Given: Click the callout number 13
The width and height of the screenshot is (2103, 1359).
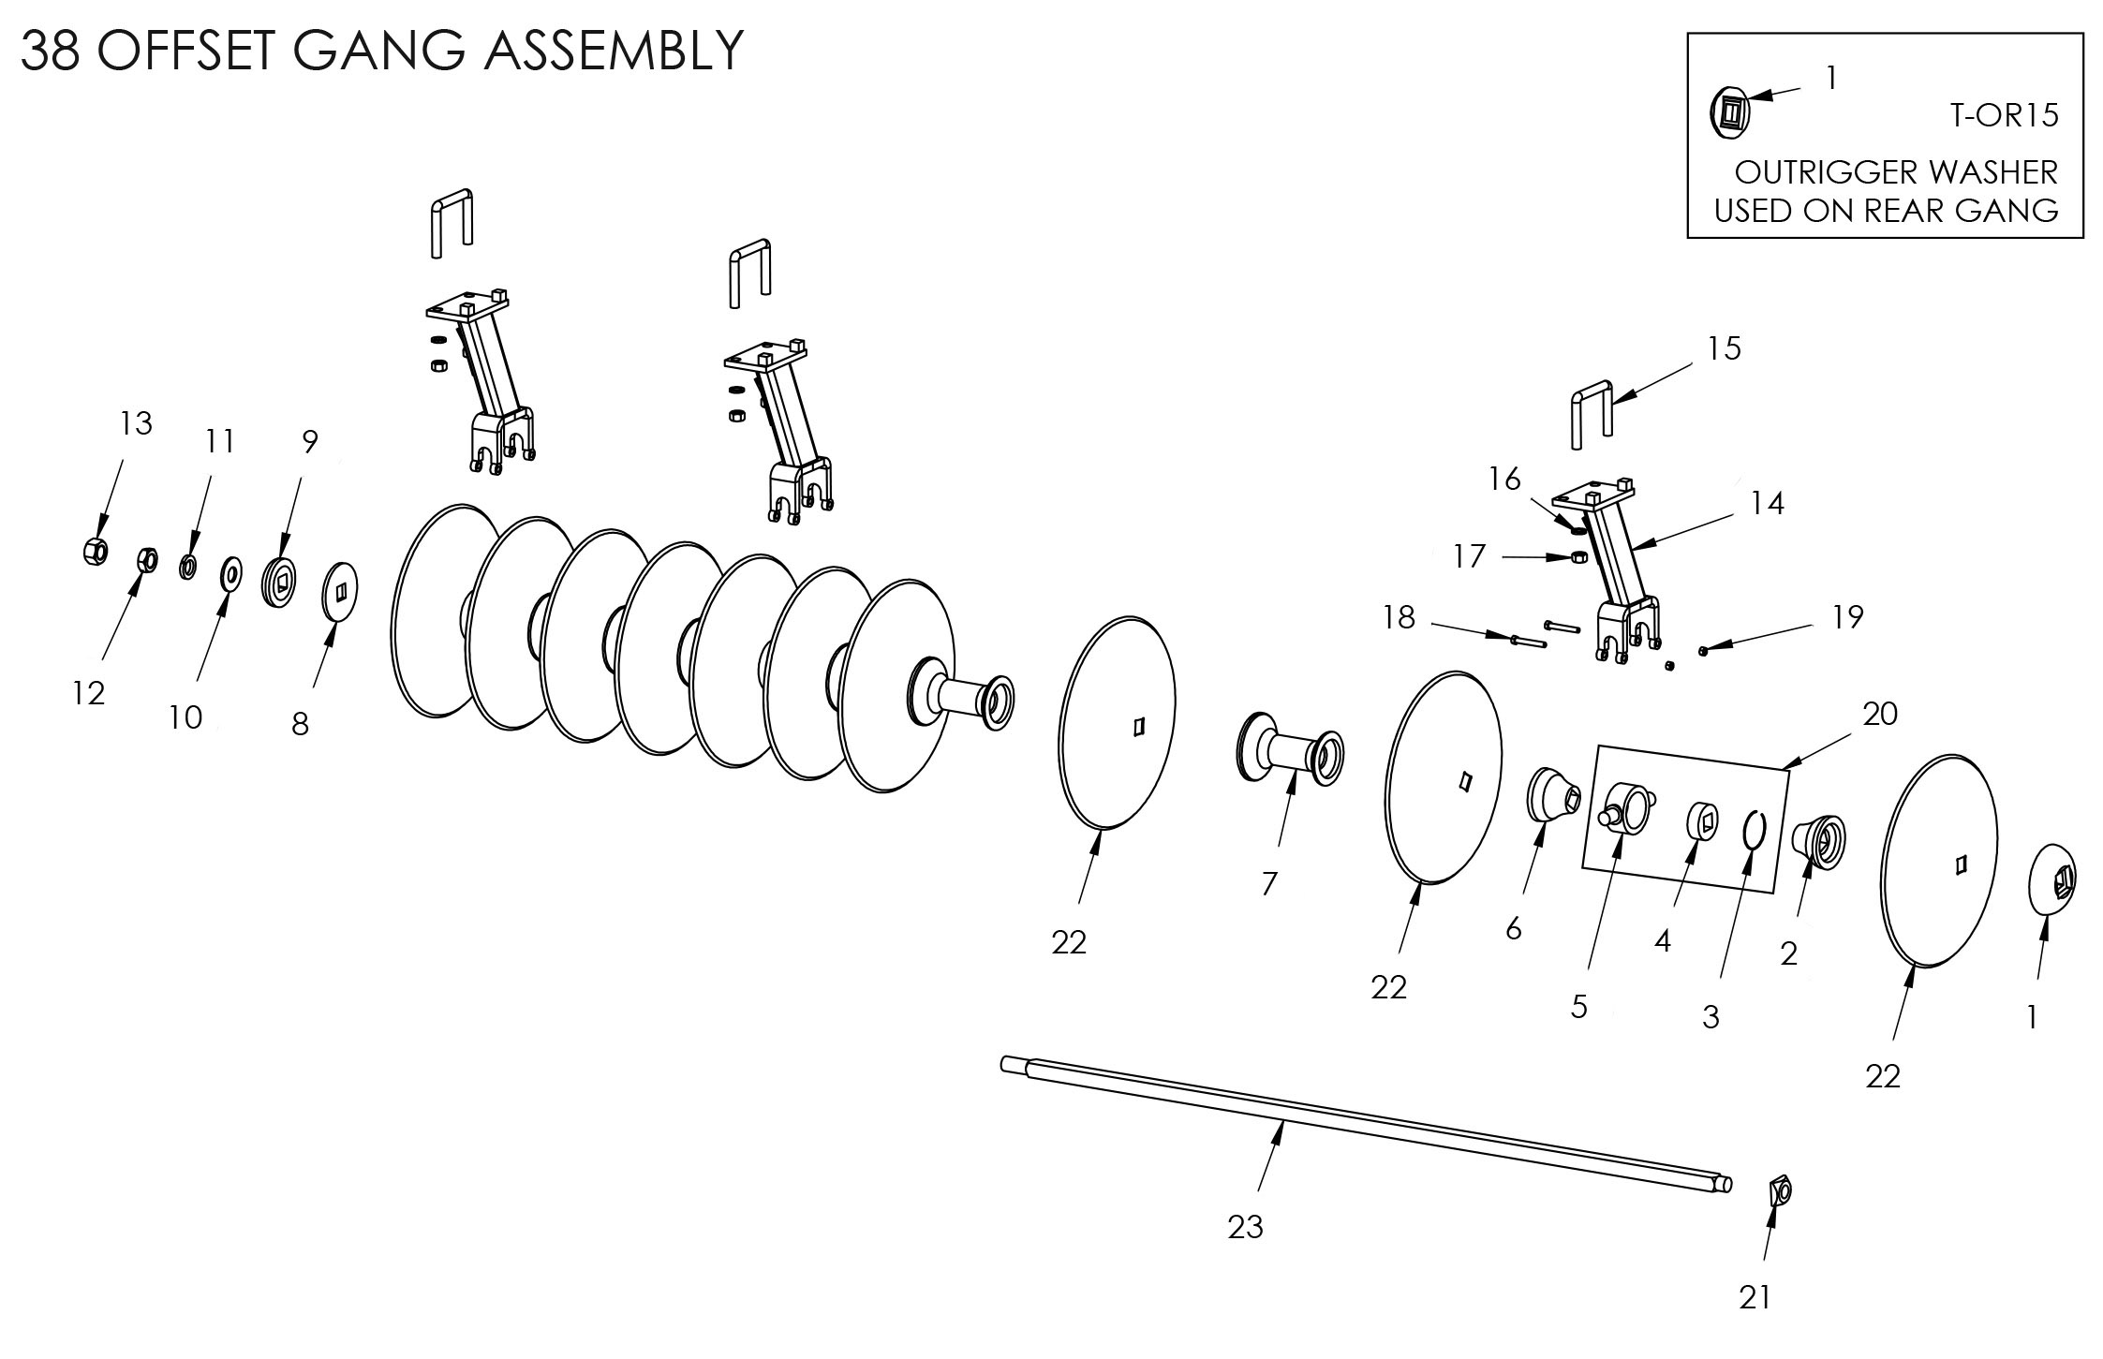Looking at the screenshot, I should [137, 423].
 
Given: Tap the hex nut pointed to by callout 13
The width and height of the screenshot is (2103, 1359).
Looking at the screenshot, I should [94, 550].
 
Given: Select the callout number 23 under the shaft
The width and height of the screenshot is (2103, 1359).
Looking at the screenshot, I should [1245, 1226].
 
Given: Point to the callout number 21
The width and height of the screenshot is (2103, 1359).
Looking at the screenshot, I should [1755, 1297].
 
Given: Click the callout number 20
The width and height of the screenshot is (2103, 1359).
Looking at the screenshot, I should [1879, 714].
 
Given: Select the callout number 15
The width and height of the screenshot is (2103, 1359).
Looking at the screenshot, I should [1724, 348].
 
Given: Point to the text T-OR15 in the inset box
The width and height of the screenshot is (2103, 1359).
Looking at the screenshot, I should [2004, 115].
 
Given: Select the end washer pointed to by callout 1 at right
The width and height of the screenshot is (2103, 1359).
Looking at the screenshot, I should [2051, 882].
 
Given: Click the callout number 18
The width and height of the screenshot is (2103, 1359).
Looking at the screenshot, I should [1399, 618].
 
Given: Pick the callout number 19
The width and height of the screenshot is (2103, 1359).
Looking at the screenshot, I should [1847, 616].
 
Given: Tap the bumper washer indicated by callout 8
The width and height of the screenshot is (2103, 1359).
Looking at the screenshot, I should [340, 591].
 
